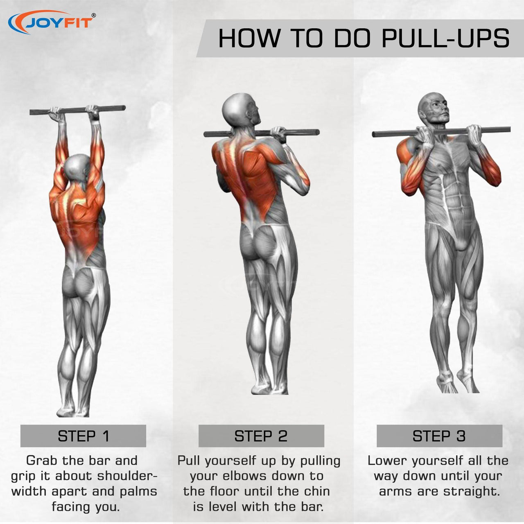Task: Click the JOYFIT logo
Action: pyautogui.click(x=52, y=23)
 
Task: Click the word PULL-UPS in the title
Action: pyautogui.click(x=445, y=38)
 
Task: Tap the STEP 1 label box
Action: pyautogui.click(x=83, y=436)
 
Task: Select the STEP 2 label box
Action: pyautogui.click(x=261, y=436)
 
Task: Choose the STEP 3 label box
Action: pyautogui.click(x=439, y=436)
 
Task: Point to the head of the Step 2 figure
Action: pyautogui.click(x=241, y=110)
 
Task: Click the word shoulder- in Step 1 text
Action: pyautogui.click(x=127, y=476)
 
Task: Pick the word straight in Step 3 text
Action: pyautogui.click(x=472, y=492)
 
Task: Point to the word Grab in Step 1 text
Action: pyautogui.click(x=42, y=461)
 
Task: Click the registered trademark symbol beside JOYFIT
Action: pyautogui.click(x=94, y=16)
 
